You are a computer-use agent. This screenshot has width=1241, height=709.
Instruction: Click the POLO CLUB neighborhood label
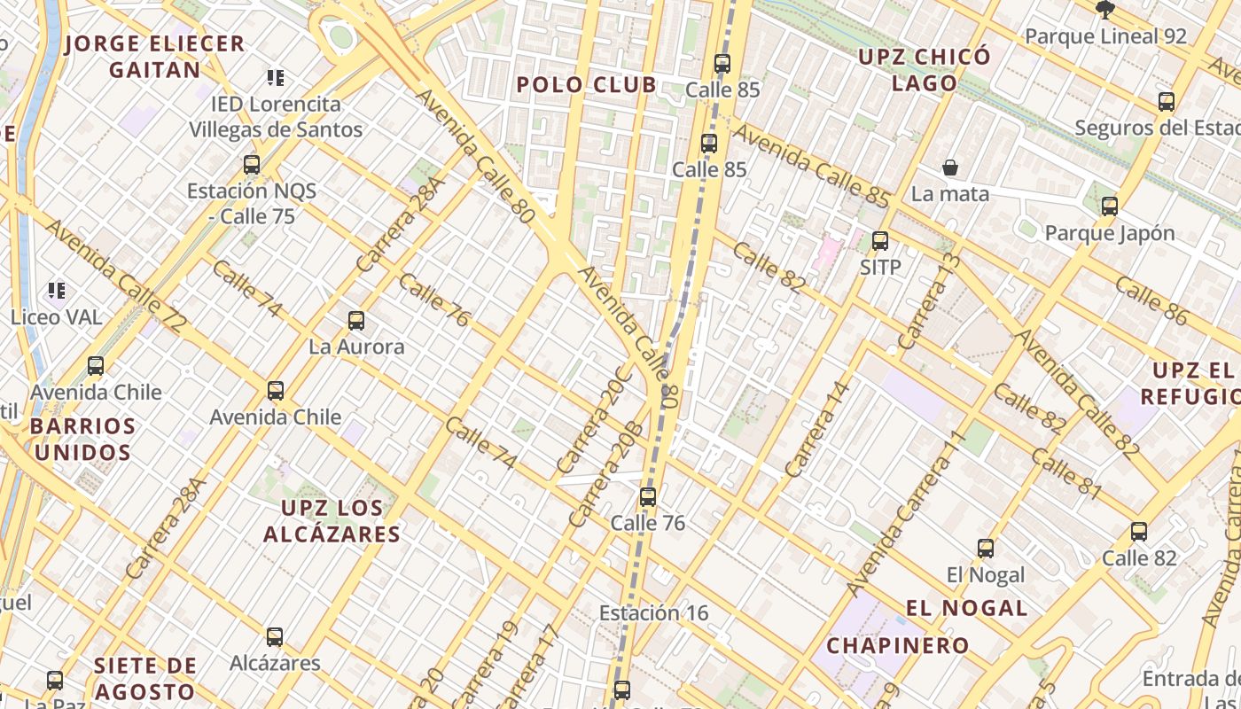[586, 85]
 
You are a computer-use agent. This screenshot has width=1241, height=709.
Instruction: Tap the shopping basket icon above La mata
[950, 168]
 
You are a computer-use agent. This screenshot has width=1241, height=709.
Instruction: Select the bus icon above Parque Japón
[1109, 206]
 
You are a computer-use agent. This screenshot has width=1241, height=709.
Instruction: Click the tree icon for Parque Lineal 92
[1104, 10]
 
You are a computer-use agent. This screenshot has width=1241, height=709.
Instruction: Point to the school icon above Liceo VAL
[57, 290]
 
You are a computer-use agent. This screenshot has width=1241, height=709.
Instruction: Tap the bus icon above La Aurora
[356, 321]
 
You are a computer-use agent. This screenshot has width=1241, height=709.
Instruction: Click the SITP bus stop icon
[880, 241]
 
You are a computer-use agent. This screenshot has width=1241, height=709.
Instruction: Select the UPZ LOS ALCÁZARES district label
[332, 521]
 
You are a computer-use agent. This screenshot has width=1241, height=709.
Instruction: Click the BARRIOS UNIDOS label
[82, 440]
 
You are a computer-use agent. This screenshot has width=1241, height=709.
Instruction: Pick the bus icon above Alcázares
[275, 637]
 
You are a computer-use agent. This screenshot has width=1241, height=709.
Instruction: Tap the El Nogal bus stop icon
[986, 549]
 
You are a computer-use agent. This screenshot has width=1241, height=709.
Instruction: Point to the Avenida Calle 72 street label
[115, 277]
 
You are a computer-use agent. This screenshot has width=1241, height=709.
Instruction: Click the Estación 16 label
[653, 613]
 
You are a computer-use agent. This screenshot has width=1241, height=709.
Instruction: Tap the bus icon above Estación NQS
[252, 165]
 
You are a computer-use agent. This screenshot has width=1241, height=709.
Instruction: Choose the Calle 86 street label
[1151, 300]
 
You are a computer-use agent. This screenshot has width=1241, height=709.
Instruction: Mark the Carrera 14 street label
[817, 430]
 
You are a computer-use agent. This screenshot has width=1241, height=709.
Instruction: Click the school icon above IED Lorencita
[276, 78]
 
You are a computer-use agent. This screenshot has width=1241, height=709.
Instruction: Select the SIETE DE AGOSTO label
[145, 679]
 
